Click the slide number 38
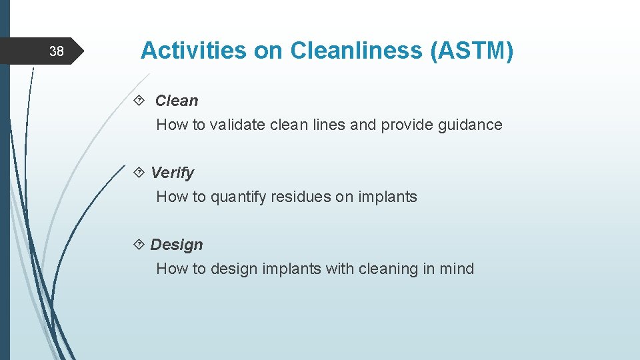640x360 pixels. tap(57, 51)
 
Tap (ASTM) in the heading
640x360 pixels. tap(472, 51)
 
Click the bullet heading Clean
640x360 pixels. tap(176, 101)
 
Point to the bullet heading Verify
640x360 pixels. tap(172, 173)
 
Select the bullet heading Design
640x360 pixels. tap(176, 245)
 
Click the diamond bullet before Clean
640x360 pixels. tap(139, 101)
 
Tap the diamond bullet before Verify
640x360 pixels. tap(139, 173)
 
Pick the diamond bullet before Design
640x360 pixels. tap(139, 245)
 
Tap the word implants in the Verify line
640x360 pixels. tap(388, 197)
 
